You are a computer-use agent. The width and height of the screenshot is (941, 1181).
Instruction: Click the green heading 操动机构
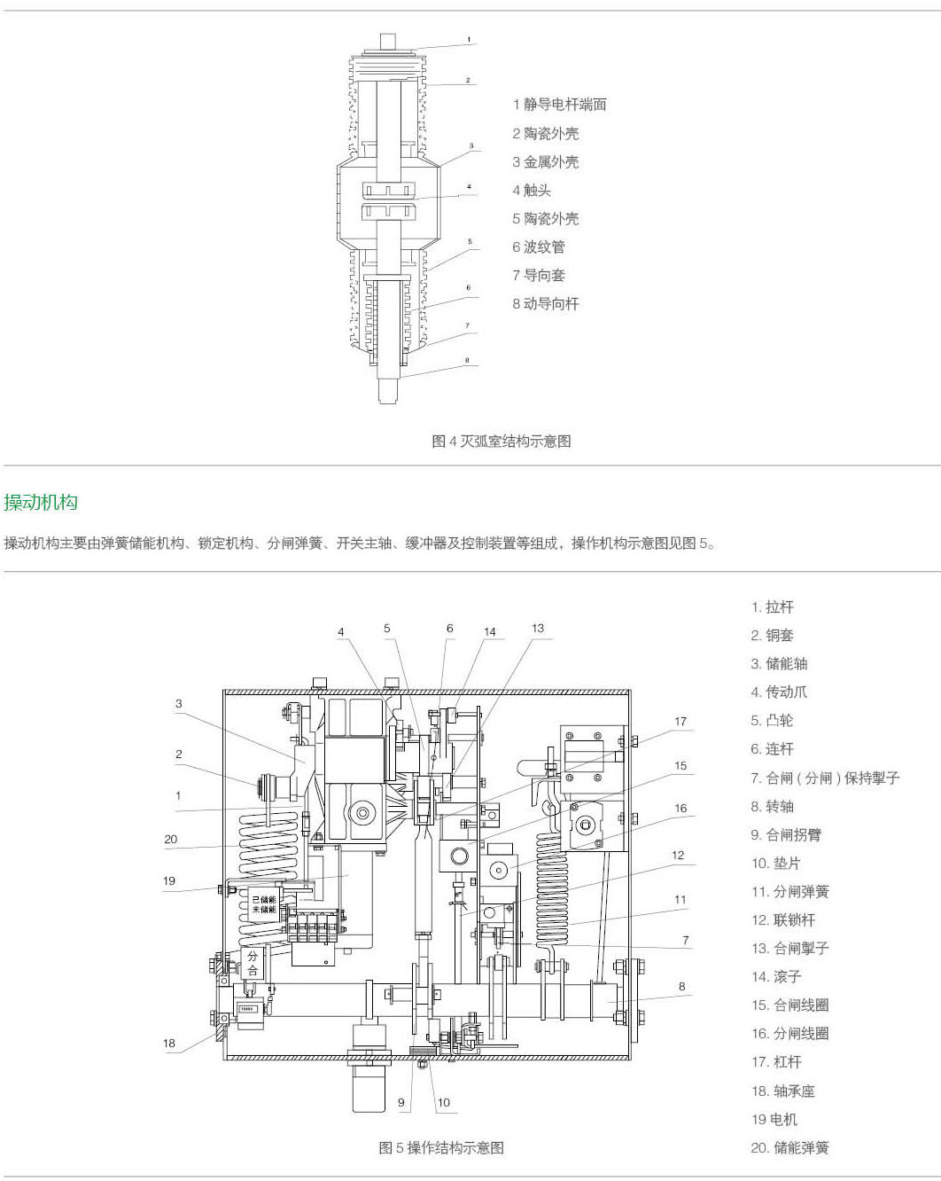point(41,503)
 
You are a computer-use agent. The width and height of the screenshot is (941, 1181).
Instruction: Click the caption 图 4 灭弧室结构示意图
point(501,441)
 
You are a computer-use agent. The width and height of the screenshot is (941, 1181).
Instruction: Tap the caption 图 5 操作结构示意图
point(441,1147)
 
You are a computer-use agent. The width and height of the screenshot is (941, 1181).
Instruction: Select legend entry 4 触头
point(532,190)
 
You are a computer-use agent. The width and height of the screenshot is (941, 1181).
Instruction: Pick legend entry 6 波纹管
point(538,246)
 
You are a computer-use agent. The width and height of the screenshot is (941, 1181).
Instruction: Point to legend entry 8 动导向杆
point(545,303)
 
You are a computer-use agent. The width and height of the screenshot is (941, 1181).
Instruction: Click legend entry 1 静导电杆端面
point(559,105)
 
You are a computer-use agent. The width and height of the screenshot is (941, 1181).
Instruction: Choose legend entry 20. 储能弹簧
point(789,1147)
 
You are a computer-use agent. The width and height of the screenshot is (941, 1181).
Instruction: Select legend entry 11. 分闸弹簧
point(789,891)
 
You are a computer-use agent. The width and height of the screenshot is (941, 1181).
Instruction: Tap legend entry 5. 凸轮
point(773,720)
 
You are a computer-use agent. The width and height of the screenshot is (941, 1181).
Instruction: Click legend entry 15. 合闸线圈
point(789,1005)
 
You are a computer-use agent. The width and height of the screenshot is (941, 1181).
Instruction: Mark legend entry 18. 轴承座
point(782,1091)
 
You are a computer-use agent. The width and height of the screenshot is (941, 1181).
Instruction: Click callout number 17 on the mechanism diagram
point(680,721)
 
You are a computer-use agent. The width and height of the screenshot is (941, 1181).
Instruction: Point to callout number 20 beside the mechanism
point(171,839)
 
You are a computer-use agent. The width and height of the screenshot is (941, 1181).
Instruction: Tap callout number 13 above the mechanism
point(538,628)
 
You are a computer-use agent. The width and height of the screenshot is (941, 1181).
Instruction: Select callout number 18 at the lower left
point(169,1043)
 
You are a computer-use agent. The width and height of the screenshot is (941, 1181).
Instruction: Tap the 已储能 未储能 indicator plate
point(264,904)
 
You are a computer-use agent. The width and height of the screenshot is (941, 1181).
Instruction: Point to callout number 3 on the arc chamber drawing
point(471,146)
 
